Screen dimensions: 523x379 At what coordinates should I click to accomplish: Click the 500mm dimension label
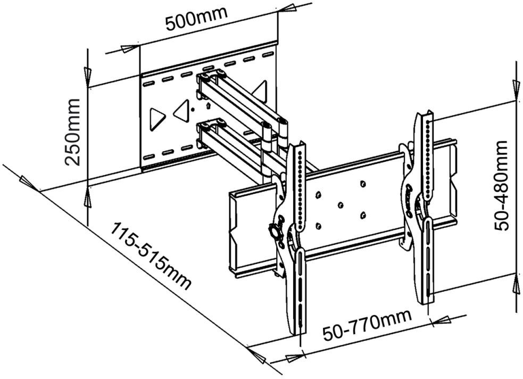[197, 18]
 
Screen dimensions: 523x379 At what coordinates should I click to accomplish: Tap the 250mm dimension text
[73, 132]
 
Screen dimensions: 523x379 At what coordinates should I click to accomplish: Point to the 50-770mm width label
[367, 325]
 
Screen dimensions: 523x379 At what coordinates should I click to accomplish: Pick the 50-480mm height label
[501, 185]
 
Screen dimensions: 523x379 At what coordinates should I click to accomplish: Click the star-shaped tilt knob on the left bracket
[275, 230]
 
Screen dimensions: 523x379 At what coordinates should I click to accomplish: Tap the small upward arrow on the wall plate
[209, 105]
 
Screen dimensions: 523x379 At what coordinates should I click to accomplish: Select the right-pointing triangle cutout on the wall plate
[156, 118]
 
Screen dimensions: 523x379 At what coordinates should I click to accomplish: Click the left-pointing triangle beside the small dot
[182, 111]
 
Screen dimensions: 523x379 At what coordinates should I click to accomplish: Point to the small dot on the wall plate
[192, 109]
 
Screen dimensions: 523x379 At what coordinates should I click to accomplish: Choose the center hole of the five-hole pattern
[340, 204]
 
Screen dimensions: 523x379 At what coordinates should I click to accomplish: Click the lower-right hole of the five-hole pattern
[363, 216]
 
